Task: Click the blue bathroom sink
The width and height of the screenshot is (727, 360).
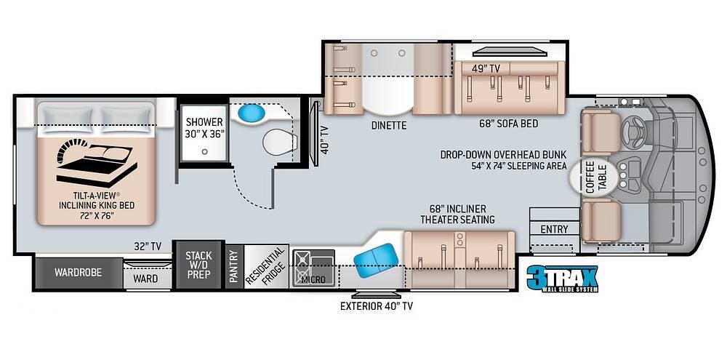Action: [x=252, y=113]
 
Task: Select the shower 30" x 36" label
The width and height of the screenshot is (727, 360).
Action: [x=204, y=127]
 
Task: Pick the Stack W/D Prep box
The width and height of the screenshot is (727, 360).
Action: [x=198, y=265]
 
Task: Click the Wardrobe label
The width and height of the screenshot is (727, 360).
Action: [x=78, y=273]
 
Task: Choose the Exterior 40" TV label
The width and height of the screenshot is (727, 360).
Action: [x=377, y=306]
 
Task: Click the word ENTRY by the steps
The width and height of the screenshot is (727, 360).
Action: [x=554, y=229]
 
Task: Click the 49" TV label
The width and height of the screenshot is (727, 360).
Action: [x=486, y=69]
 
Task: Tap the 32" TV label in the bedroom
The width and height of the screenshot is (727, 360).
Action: [x=147, y=247]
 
